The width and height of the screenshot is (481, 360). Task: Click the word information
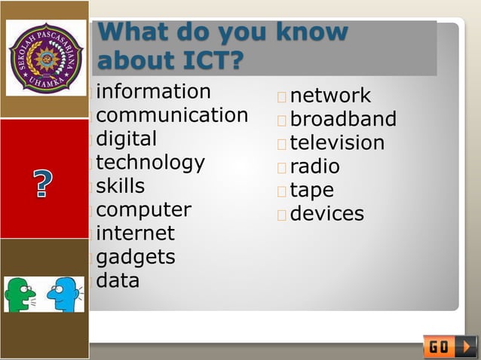[153, 92]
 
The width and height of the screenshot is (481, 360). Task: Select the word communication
[172, 115]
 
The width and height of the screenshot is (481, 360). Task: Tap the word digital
[126, 139]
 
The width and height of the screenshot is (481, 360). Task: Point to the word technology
[150, 163]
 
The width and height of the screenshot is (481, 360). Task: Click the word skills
[120, 186]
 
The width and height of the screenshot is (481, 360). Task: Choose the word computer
[143, 209]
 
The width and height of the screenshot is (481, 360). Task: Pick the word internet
[135, 233]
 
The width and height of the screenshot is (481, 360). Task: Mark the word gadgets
[136, 258]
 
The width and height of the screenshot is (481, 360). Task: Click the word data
[118, 281]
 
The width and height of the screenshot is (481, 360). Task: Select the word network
[330, 96]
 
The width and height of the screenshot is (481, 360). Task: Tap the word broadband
[343, 119]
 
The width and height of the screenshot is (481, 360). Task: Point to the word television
[337, 142]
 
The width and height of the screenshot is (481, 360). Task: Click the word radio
[314, 166]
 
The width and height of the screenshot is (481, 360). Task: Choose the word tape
[311, 190]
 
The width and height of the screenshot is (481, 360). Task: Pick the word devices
[326, 214]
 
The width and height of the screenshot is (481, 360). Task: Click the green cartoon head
[20, 294]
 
